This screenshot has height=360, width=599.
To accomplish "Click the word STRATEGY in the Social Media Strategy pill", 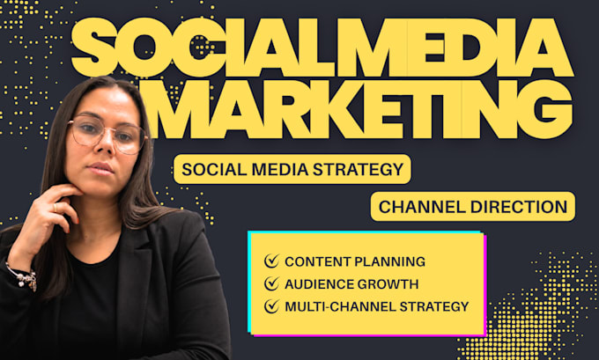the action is coord(359,169).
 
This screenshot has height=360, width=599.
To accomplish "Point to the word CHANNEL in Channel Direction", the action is coord(422,207).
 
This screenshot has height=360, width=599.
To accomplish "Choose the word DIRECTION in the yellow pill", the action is coord(519,207).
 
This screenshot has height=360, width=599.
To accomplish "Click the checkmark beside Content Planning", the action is coord(271,261).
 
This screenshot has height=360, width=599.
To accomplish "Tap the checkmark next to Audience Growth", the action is coord(271,283).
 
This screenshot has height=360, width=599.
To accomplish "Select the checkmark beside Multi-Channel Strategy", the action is coord(271,306).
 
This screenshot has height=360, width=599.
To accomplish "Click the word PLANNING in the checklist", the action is coord(389,261).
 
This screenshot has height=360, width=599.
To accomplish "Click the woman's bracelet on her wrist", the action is coord(24,276).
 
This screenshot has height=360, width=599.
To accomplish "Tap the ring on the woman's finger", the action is coord(55,208).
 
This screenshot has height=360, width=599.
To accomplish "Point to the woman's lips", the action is coord(102,168).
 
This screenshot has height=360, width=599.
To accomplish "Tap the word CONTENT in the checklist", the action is coord(318,261).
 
